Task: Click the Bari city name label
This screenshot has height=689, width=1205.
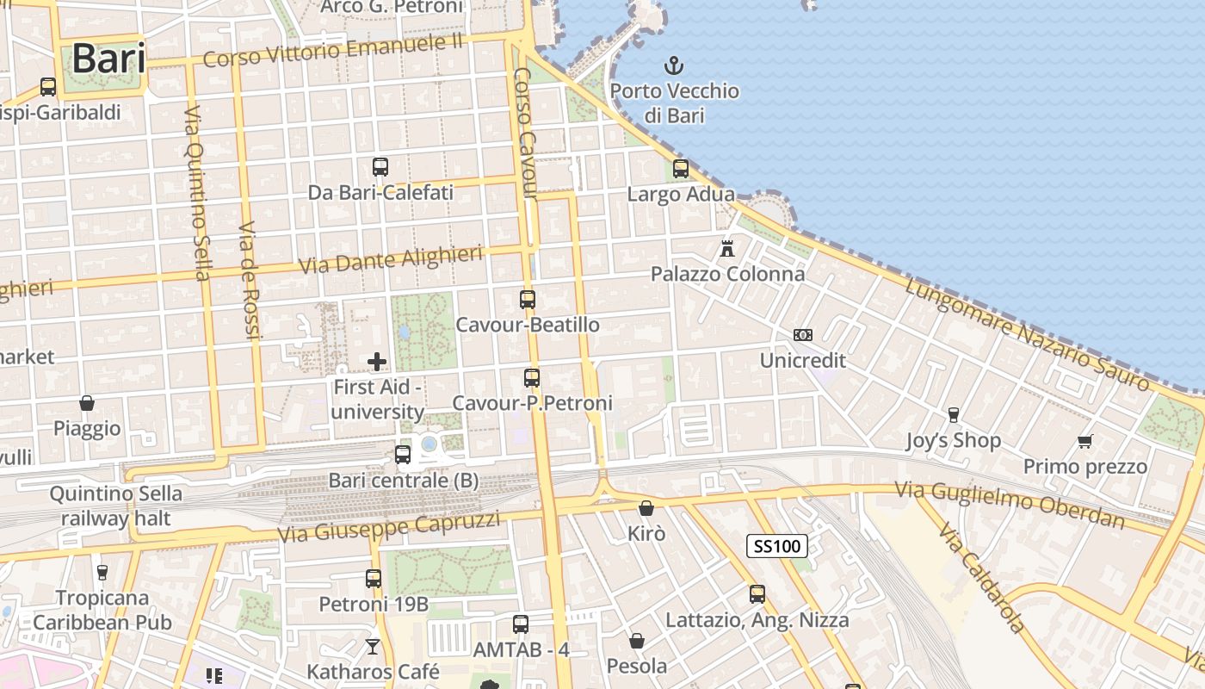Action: [108, 59]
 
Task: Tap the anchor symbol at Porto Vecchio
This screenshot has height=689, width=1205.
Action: [674, 65]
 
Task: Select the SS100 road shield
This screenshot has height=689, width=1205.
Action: [777, 545]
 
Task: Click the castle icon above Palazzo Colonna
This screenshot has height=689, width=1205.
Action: [727, 249]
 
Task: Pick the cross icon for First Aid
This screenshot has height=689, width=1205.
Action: [377, 362]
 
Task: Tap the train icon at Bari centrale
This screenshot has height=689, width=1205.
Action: [403, 455]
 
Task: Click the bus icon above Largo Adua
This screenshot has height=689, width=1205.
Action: [681, 169]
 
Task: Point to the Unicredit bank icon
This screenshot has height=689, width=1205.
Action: [802, 335]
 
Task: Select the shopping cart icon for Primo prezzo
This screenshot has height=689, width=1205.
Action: [1084, 442]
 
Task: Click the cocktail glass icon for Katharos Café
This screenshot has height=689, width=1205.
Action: [373, 646]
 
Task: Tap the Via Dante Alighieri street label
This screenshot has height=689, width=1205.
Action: [391, 259]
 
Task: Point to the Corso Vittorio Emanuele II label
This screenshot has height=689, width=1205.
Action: [333, 51]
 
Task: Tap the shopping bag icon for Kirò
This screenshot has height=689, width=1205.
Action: [646, 508]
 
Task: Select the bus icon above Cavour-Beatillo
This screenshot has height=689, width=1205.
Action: [528, 300]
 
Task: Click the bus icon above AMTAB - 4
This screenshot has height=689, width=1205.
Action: [521, 624]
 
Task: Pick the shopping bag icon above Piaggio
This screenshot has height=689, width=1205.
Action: [87, 403]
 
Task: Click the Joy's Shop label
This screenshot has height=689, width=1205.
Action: [953, 441]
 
